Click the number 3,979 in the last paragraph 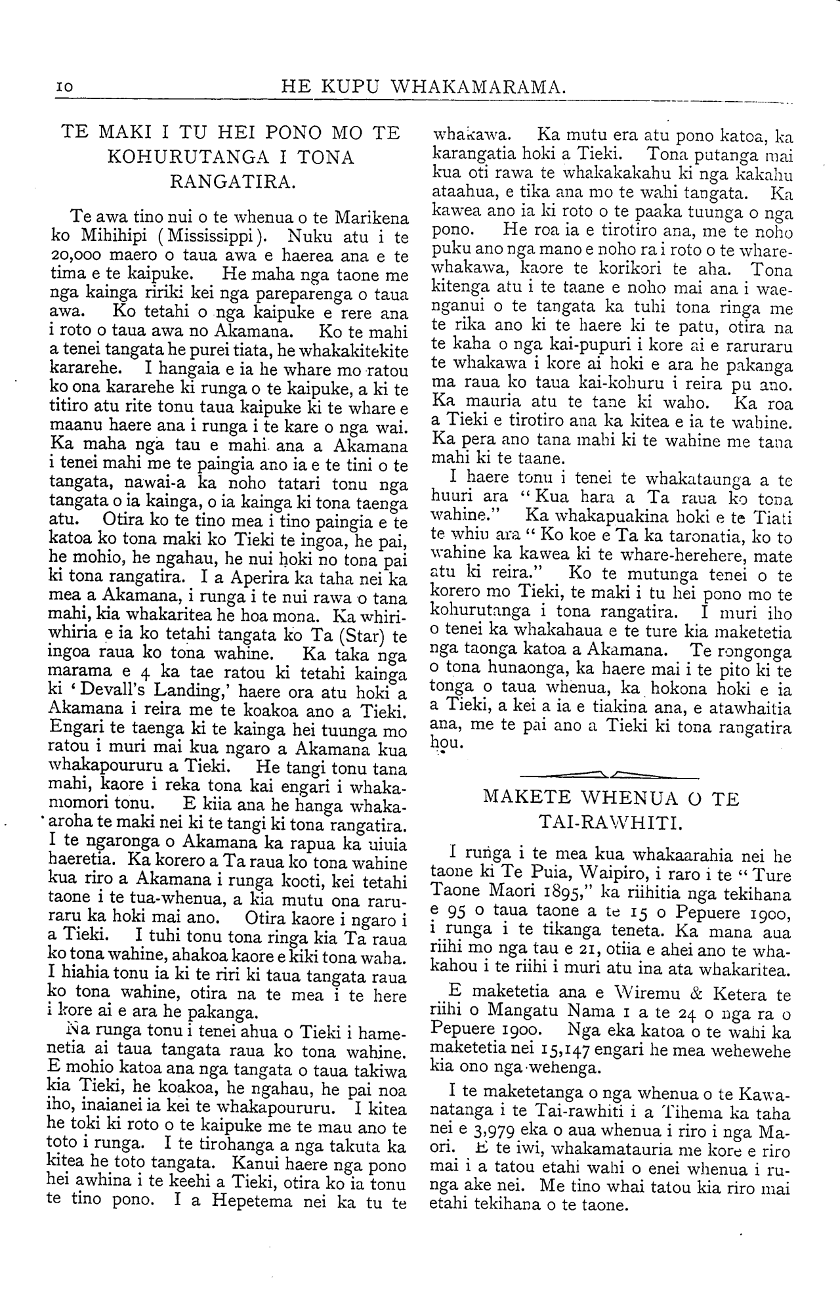click(x=481, y=1133)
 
